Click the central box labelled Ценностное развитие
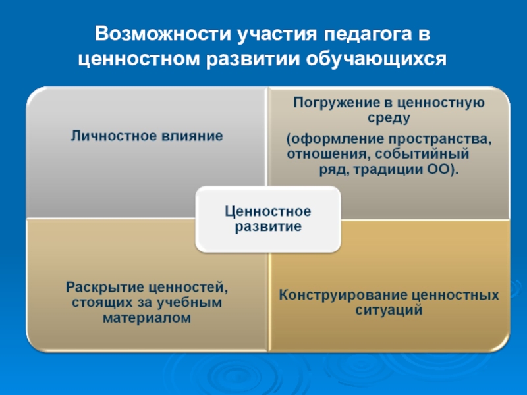[267, 219]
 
